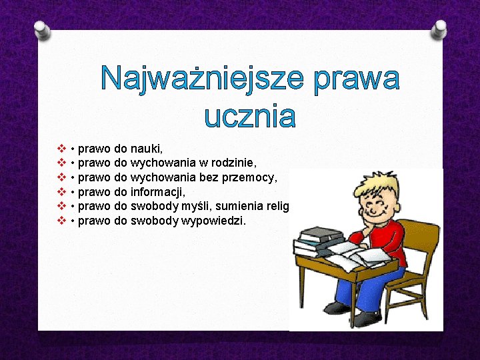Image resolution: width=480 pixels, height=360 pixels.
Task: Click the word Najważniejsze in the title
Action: pos(201,79)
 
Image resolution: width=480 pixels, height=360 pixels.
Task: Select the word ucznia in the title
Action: pos(250,116)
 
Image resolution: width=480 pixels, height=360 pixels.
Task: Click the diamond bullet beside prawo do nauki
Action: pos(61,147)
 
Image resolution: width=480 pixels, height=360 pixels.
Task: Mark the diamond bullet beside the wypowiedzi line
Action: pos(61,220)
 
